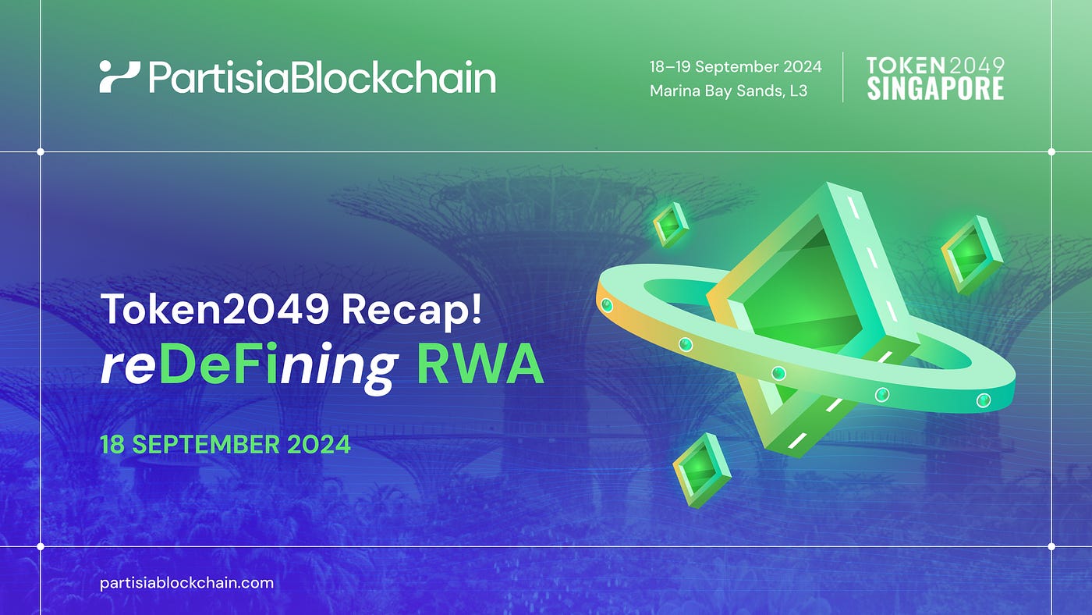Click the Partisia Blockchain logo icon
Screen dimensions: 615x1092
[119, 77]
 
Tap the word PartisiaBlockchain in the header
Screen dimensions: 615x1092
[321, 77]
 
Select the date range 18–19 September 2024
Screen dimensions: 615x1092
[736, 66]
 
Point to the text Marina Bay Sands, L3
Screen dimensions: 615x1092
[728, 91]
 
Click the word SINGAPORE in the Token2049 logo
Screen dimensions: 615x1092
[935, 89]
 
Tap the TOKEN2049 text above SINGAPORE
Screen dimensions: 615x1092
[935, 66]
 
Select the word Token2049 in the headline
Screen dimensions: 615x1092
[214, 311]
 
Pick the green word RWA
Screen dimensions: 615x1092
[479, 365]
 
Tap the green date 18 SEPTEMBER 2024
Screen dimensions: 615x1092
[225, 445]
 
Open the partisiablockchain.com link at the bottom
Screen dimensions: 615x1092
[186, 582]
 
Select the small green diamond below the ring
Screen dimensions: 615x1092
[700, 469]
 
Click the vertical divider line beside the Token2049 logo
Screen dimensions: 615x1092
[843, 77]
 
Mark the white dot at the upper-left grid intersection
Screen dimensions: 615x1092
[41, 151]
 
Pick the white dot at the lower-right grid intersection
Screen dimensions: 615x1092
[1051, 546]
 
